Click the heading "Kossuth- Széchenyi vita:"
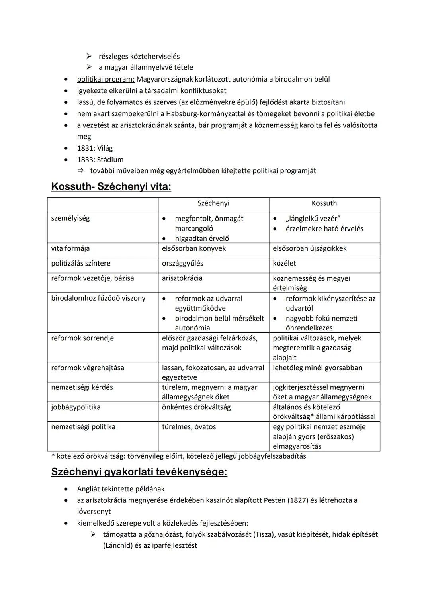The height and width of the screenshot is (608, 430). pos(111,186)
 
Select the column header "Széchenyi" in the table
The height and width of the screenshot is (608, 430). pos(213,203)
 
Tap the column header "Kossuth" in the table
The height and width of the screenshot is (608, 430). pos(324,203)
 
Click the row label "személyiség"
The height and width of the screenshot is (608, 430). pos(70,218)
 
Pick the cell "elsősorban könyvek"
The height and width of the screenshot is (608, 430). pos(194,248)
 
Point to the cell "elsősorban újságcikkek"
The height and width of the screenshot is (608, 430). pos(309,248)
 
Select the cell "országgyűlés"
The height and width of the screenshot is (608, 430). pos(182,264)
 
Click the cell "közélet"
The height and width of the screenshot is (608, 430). pos(284,264)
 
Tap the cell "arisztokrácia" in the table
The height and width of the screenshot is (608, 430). pos(182,278)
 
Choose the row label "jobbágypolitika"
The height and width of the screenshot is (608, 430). pos(76,407)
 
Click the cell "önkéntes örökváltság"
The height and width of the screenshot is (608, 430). pos(196,407)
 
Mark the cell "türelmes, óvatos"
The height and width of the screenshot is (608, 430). pos(189,427)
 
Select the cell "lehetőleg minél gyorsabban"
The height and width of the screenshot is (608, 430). pos(317,368)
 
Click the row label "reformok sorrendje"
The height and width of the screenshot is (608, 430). pos(82,338)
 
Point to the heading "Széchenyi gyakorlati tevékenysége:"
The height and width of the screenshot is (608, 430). pos(139,472)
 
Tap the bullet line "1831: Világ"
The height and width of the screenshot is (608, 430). pos(95,148)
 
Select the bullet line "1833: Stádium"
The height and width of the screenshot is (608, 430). pos(100,160)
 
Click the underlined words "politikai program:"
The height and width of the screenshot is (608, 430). pos(106,79)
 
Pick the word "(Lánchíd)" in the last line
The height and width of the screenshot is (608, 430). pos(117,545)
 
